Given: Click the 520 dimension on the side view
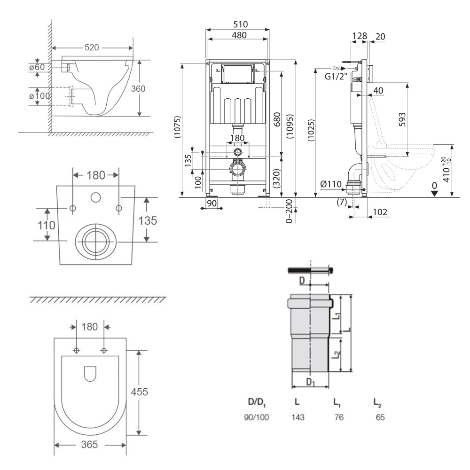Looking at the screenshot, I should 92,47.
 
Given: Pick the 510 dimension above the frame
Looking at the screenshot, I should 237,24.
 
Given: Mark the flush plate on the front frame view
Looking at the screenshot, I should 238,74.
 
